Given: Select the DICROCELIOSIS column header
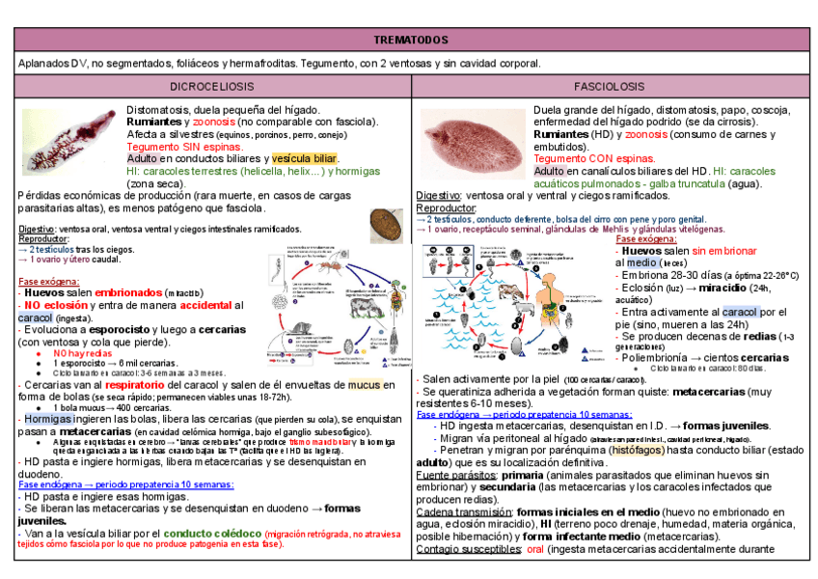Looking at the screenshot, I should tap(212, 87).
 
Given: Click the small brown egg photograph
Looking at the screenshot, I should tap(387, 226).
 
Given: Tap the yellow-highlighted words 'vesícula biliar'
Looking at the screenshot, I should tap(304, 158).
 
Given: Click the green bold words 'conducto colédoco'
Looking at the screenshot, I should tap(217, 533).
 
